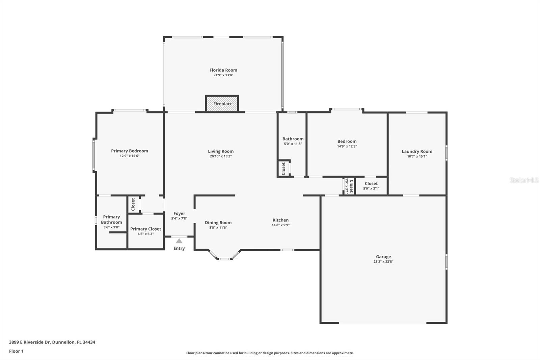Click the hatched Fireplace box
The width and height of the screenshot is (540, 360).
click(x=222, y=104)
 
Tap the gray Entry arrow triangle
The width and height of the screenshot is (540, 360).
click(x=179, y=241)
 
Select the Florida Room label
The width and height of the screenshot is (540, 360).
click(x=223, y=70)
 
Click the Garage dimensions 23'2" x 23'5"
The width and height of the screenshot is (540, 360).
click(x=383, y=262)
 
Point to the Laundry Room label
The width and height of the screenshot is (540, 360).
click(x=417, y=151)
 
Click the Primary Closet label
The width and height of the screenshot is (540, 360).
click(x=145, y=229)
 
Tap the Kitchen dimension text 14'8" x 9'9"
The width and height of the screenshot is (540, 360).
click(x=280, y=225)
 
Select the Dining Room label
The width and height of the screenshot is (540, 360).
click(x=218, y=223)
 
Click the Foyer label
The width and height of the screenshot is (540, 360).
click(x=179, y=213)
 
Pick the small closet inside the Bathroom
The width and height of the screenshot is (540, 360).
click(x=283, y=168)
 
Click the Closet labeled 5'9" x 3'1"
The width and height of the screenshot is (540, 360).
click(x=371, y=186)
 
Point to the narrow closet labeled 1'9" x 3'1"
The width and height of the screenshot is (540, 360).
click(x=349, y=186)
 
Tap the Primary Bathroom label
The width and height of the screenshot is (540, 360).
click(x=111, y=220)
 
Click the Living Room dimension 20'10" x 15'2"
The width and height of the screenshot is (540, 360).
click(x=220, y=156)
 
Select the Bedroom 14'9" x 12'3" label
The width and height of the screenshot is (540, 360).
click(x=347, y=142)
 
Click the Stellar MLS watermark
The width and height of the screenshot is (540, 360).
click(x=524, y=180)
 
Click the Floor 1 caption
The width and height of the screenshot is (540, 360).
click(x=16, y=351)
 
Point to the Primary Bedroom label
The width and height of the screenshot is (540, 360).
click(x=130, y=151)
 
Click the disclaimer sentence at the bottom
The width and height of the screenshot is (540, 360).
click(x=270, y=353)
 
